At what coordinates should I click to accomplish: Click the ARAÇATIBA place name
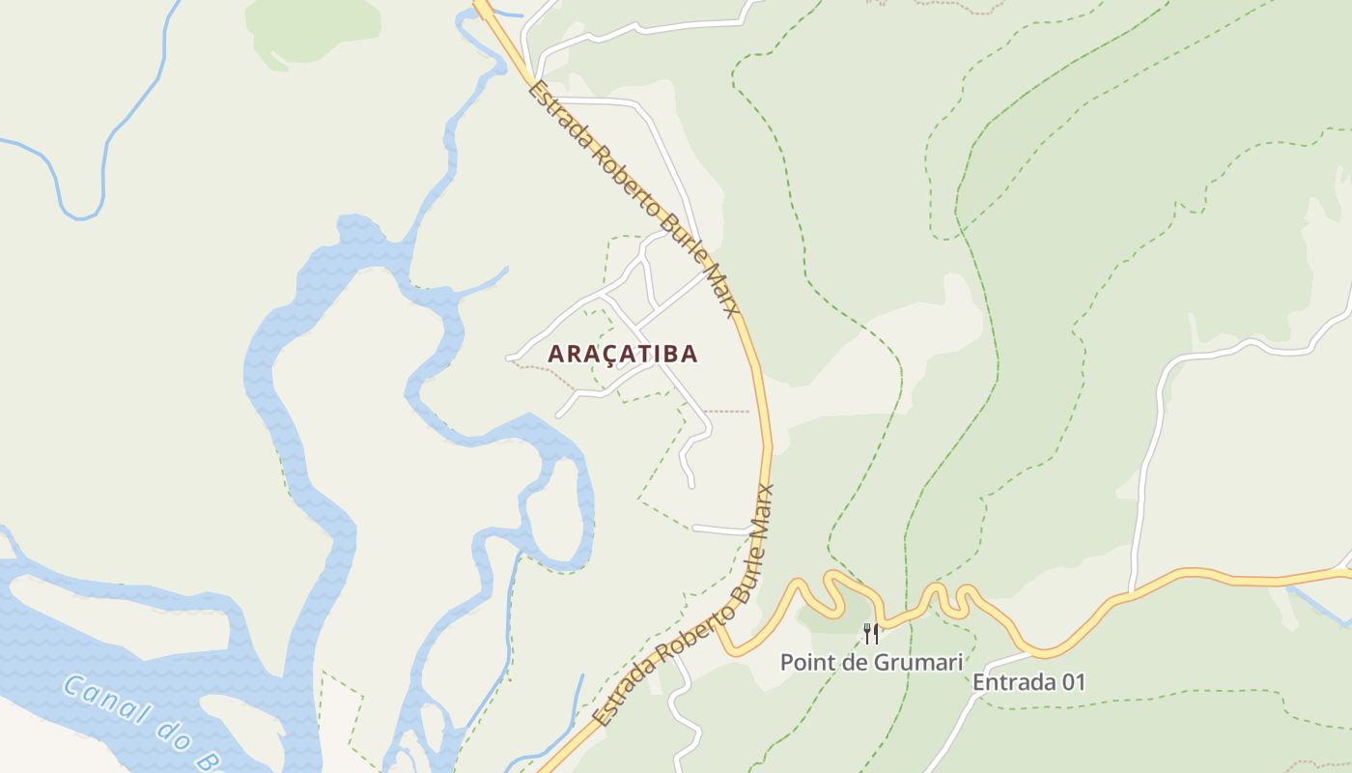(x=622, y=354)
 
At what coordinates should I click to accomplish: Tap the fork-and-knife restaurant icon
(x=871, y=634)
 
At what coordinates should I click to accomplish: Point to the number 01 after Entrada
(x=1073, y=682)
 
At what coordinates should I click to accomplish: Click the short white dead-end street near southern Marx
(x=720, y=530)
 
